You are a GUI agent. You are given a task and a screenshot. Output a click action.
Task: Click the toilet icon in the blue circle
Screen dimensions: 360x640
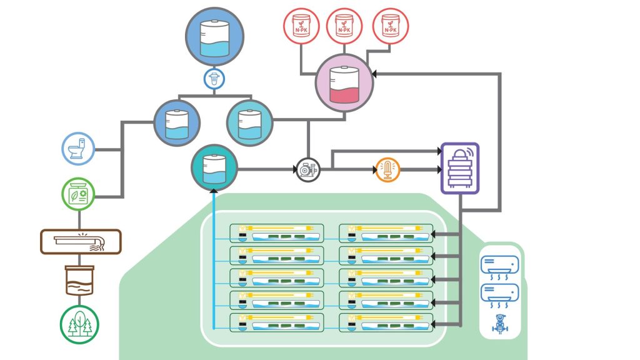pyautogui.click(x=79, y=149)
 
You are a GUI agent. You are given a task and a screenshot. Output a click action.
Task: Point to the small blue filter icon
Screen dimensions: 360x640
pyautogui.click(x=214, y=79)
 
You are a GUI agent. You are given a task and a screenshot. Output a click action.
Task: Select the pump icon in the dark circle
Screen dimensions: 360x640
pyautogui.click(x=307, y=169)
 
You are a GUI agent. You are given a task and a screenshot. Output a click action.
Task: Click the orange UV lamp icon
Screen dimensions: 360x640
pyautogui.click(x=387, y=169)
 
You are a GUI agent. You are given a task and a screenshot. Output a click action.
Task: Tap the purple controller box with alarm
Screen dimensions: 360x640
pyautogui.click(x=459, y=167)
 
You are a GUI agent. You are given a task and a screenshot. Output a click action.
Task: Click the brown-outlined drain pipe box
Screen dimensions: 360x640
pyautogui.click(x=80, y=241)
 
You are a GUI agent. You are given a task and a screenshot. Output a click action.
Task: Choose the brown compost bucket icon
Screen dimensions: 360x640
pyautogui.click(x=79, y=279)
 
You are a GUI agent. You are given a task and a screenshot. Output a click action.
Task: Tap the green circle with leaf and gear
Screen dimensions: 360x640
pyautogui.click(x=79, y=194)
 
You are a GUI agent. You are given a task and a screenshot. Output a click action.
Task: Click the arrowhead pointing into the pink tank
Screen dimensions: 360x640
pyautogui.click(x=377, y=74)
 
